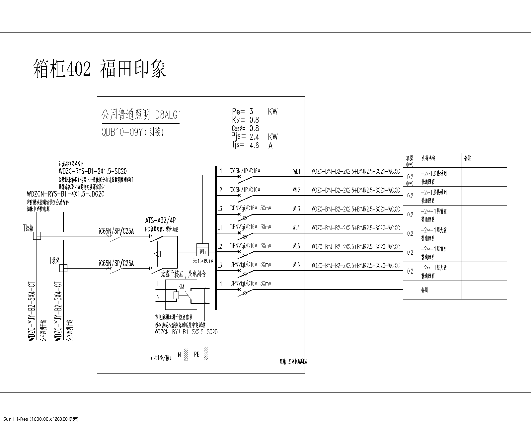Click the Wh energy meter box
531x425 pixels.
click(202, 251)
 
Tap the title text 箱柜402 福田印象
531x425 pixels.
click(100, 69)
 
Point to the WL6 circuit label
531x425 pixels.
click(296, 265)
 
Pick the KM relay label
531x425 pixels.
click(181, 287)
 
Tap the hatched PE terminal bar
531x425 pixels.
click(206, 353)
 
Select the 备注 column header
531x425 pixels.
click(467, 158)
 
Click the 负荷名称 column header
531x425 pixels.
click(428, 158)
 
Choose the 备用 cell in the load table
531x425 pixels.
click(424, 290)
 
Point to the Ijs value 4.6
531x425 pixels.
click(254, 145)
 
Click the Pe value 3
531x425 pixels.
click(252, 111)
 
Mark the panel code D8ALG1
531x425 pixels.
click(168, 115)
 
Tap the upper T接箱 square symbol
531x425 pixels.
click(37, 236)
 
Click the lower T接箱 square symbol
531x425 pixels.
click(63, 268)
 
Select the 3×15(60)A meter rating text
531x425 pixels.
click(203, 261)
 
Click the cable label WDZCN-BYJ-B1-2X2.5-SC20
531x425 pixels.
click(186, 332)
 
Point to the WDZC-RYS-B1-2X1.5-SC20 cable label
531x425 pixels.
click(93, 171)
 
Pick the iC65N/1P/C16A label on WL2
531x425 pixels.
click(245, 190)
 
